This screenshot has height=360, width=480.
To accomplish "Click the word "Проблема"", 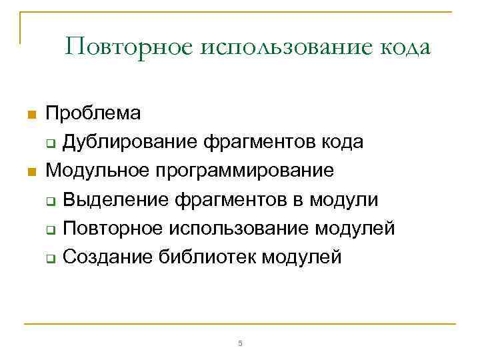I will [93, 113].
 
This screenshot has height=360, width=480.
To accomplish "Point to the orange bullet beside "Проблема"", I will [29, 115].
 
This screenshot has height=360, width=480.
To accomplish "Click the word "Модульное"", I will [98, 171].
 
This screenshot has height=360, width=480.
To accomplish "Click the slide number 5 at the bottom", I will [240, 343].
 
